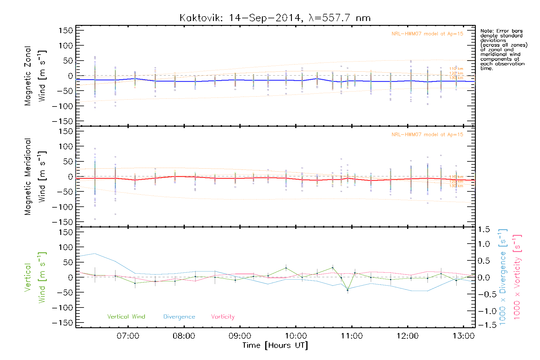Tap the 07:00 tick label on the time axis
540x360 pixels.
[128, 336]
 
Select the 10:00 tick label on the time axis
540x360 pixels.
[296, 336]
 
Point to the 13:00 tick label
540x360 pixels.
[463, 336]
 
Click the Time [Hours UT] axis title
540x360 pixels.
[275, 345]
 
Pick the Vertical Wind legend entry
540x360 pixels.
[126, 317]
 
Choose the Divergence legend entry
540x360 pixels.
[179, 317]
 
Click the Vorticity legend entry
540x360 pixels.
[223, 317]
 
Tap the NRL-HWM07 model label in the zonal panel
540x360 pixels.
[427, 34]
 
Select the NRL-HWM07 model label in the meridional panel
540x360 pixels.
[427, 135]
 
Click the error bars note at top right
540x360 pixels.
[503, 49]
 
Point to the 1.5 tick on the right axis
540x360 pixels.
[484, 229]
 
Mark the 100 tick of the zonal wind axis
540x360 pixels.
[66, 46]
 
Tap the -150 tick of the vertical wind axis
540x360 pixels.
[62, 323]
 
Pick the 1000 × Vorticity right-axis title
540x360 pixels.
[517, 277]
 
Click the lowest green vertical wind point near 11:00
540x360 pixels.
[347, 290]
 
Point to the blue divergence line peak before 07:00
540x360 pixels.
[95, 253]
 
